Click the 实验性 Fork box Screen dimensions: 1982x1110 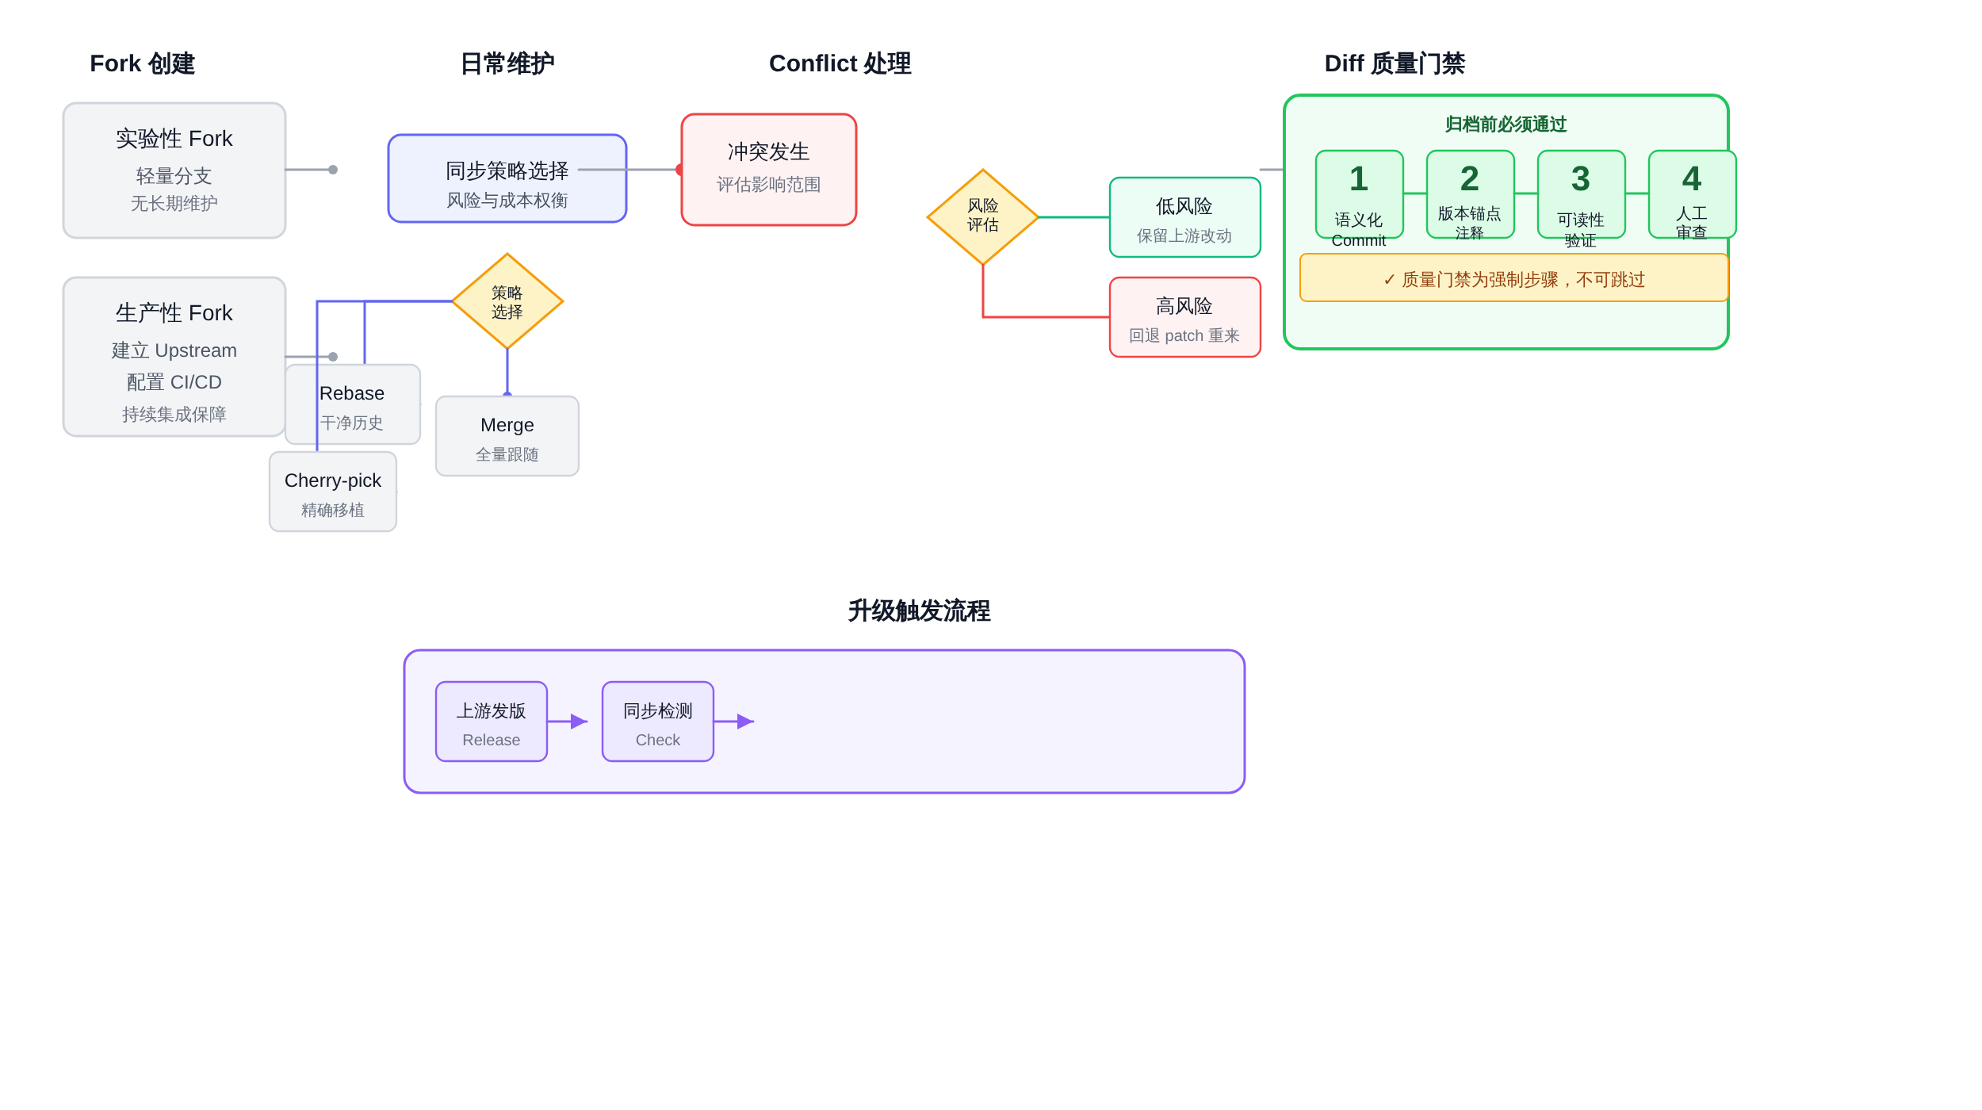174,170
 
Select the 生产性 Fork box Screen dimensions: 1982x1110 174,357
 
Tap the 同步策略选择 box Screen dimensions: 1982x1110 507,178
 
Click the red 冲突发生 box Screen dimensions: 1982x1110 769,170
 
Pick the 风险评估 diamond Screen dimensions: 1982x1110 983,216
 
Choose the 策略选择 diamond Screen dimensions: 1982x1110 507,301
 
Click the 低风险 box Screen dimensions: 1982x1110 1185,217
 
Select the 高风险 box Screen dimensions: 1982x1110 1185,317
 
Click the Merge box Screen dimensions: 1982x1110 507,436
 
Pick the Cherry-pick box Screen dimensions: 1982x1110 333,492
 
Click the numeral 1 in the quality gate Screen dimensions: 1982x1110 1359,178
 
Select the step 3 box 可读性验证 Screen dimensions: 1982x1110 1582,194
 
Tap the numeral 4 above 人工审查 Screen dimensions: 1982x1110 1692,178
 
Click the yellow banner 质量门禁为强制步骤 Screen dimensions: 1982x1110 1514,277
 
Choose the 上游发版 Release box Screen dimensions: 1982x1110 492,721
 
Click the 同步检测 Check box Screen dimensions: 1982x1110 658,721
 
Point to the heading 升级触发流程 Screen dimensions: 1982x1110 920,610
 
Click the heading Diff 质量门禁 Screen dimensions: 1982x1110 1395,63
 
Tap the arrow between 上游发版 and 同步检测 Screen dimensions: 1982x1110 568,721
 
